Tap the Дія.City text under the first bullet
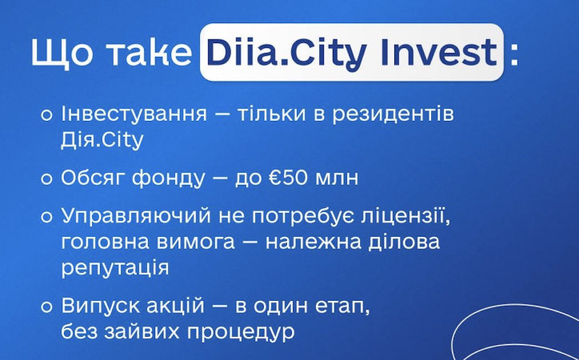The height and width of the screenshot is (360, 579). click(x=102, y=141)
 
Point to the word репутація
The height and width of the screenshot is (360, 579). click(x=115, y=267)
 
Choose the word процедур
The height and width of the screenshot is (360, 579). click(x=248, y=330)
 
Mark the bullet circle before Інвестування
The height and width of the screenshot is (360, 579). click(x=47, y=114)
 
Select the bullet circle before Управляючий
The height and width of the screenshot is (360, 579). click(x=47, y=217)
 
